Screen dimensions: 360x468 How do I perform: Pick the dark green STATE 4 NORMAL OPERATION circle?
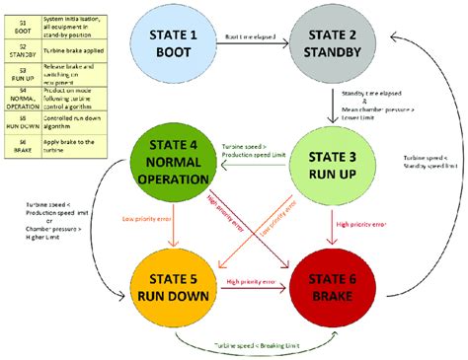click(x=175, y=165)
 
